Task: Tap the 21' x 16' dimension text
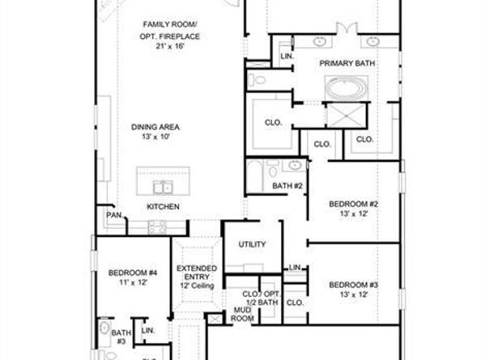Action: coord(169,46)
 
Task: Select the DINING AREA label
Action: coord(155,127)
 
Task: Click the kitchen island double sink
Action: coord(163,187)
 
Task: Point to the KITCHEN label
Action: coord(164,207)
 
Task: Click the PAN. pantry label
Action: coord(114,215)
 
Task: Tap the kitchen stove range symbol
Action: coord(157,227)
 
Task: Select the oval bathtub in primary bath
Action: coord(347,88)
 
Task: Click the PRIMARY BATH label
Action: coord(347,63)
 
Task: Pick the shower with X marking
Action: coord(347,116)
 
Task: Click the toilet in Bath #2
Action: coord(272,169)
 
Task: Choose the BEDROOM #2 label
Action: coord(353,204)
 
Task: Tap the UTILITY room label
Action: coord(252,244)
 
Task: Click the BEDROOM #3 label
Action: coord(353,285)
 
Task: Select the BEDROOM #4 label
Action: coord(133,273)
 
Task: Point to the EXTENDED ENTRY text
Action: coord(197,273)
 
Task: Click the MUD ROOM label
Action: coord(242,315)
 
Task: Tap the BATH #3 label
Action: coord(121,337)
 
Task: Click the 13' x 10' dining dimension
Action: coord(155,137)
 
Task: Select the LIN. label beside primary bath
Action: coord(287,57)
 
